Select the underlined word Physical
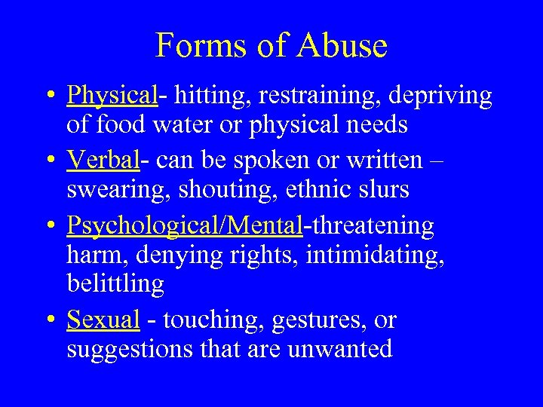111,96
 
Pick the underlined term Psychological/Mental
185,226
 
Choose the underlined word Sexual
103,320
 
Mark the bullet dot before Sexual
48,321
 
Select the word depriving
444,96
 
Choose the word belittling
115,284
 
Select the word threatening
371,226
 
